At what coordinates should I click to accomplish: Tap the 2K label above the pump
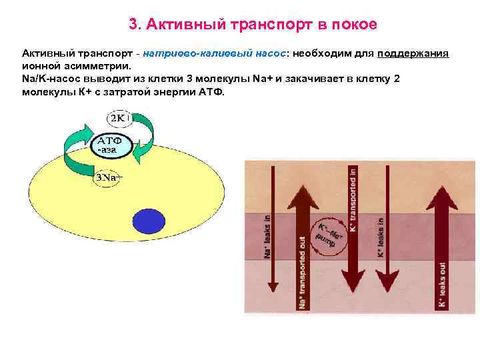coord(121,118)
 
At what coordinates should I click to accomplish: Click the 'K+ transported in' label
coord(353,199)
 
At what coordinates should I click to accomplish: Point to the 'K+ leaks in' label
coord(381,237)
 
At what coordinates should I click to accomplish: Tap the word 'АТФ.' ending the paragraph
coord(213,91)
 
